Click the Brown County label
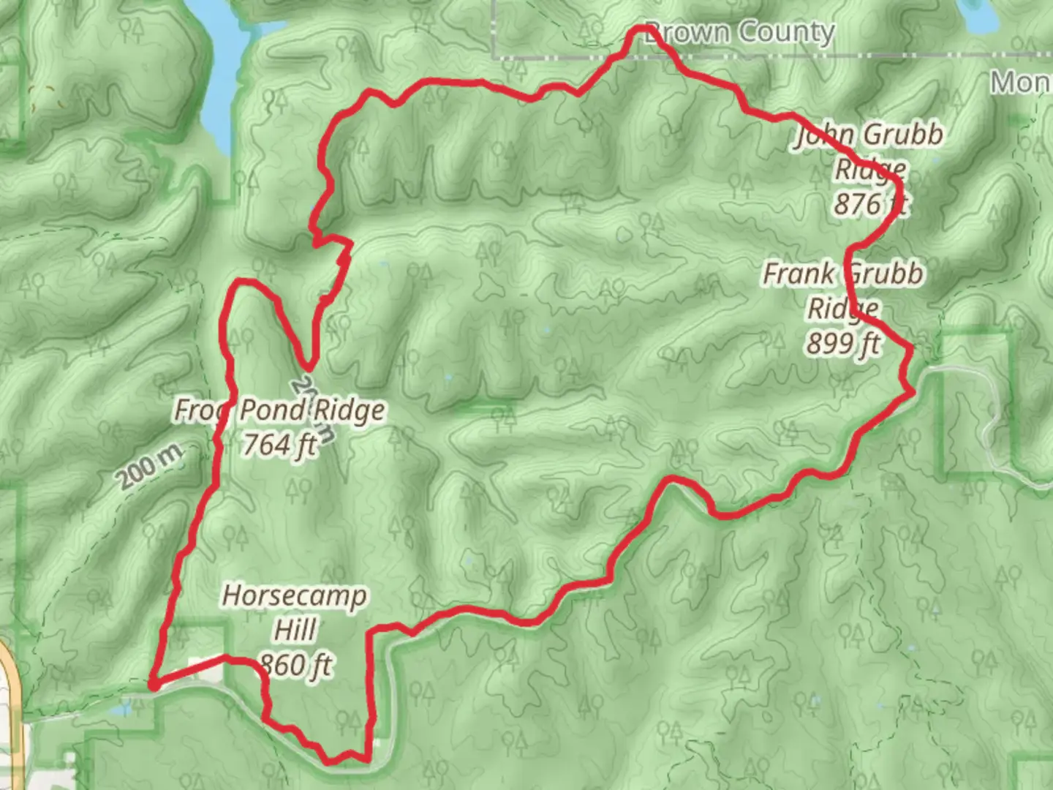[739, 33]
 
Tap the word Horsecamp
[294, 595]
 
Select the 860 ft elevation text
[295, 665]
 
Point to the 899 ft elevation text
[844, 342]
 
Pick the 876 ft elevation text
[870, 203]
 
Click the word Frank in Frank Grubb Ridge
[799, 274]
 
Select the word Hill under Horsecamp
[295, 630]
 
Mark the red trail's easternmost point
[914, 393]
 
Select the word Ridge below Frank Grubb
[842, 308]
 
